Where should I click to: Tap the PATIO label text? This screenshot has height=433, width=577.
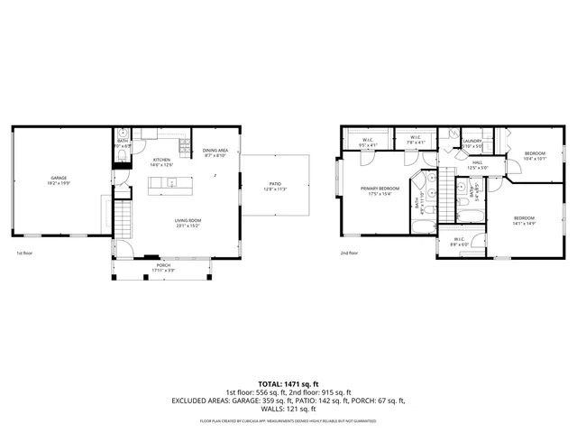click(x=274, y=183)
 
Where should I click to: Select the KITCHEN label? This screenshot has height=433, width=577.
click(x=160, y=160)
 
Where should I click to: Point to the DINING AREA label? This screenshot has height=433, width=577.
click(x=215, y=151)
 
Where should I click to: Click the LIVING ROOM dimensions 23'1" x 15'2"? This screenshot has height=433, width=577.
click(x=188, y=226)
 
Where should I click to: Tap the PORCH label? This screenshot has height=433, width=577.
click(x=163, y=265)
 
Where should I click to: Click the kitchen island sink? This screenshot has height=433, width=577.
click(x=172, y=184)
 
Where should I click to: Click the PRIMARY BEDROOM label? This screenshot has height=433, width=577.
click(x=380, y=189)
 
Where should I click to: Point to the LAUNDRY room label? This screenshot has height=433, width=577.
click(x=472, y=141)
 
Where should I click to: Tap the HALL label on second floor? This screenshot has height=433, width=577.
click(x=477, y=162)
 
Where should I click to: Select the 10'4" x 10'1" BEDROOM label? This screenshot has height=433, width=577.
click(x=536, y=154)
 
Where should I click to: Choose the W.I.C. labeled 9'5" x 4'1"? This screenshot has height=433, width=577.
click(x=369, y=140)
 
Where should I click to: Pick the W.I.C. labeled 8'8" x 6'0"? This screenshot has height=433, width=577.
click(x=459, y=239)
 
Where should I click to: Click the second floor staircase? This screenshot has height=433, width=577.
click(x=445, y=190)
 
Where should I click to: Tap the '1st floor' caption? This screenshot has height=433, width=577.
click(x=23, y=253)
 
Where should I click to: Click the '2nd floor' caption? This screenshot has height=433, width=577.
click(x=349, y=253)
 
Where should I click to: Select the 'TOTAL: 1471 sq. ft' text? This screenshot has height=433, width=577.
click(x=288, y=385)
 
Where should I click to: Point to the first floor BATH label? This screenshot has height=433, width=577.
click(x=122, y=141)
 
